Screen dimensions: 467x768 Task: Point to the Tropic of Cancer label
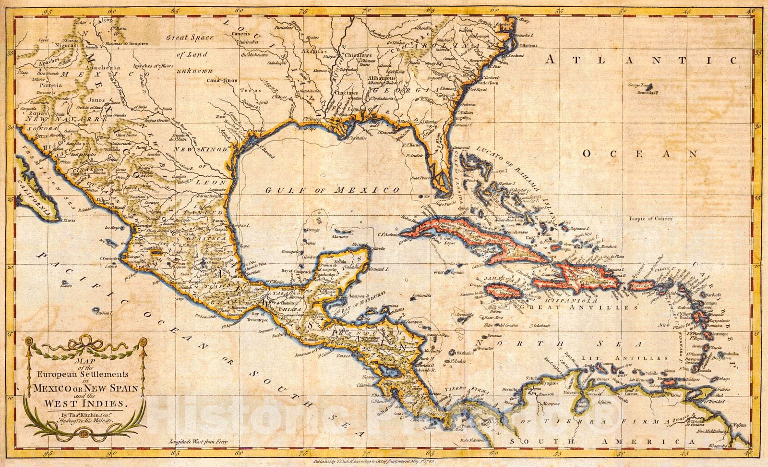[x=649, y=219]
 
